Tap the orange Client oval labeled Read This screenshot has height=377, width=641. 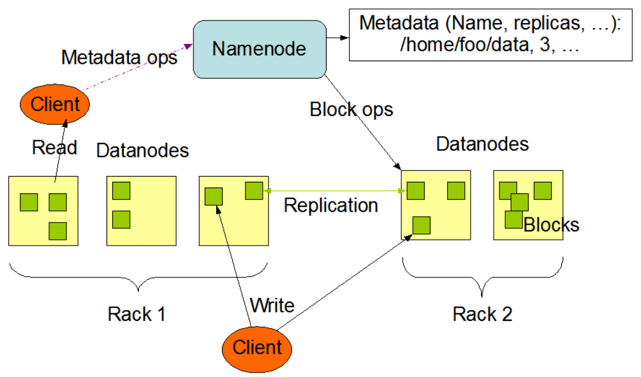pyautogui.click(x=55, y=104)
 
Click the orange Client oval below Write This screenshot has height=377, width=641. pyautogui.click(x=257, y=347)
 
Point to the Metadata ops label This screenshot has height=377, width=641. pyautogui.click(x=119, y=57)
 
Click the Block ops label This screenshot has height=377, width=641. pyautogui.click(x=351, y=109)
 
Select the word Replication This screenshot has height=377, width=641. pyautogui.click(x=330, y=205)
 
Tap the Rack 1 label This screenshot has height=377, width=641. pyautogui.click(x=137, y=314)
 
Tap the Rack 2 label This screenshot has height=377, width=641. pyautogui.click(x=482, y=314)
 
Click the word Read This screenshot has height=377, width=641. pyautogui.click(x=54, y=147)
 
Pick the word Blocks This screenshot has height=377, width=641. pyautogui.click(x=551, y=225)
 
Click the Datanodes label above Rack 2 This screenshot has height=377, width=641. pyautogui.click(x=482, y=144)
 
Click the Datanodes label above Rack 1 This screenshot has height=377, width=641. pyautogui.click(x=143, y=151)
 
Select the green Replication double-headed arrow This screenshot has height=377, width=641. pyautogui.click(x=334, y=190)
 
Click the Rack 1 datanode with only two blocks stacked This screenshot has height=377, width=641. pyautogui.click(x=141, y=211)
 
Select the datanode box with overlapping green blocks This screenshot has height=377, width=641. pyautogui.click(x=528, y=205)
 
